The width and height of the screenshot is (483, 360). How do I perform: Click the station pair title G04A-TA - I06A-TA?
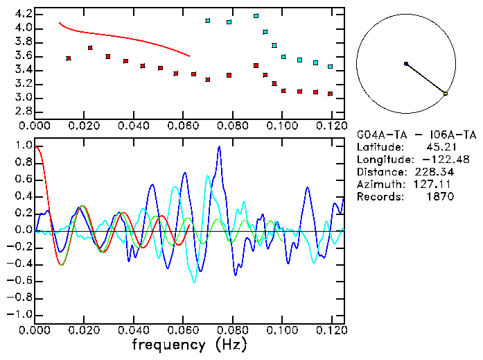point(416,135)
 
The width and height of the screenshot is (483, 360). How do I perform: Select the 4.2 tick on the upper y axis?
point(23,14)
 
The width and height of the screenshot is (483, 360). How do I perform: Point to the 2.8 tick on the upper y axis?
point(23,112)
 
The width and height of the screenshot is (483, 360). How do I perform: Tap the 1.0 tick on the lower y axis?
point(23,146)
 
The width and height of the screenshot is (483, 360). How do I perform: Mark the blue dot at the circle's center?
point(406,64)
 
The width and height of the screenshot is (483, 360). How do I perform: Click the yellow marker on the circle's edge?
point(446,93)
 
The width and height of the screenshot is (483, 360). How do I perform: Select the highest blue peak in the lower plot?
point(219,147)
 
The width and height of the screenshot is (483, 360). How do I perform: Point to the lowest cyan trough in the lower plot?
point(194,282)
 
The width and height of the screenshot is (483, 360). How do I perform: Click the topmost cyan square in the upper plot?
point(256,15)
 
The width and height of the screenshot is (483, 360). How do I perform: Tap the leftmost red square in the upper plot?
point(68,58)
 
